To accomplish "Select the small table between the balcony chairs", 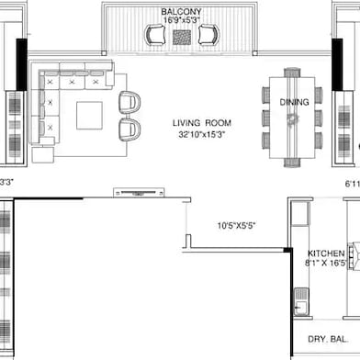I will point(182,36).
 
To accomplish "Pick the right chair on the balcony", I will point(208,35).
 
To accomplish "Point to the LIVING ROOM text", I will point(202,122).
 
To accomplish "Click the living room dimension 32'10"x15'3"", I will point(202,134).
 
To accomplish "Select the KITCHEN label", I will point(326,253).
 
